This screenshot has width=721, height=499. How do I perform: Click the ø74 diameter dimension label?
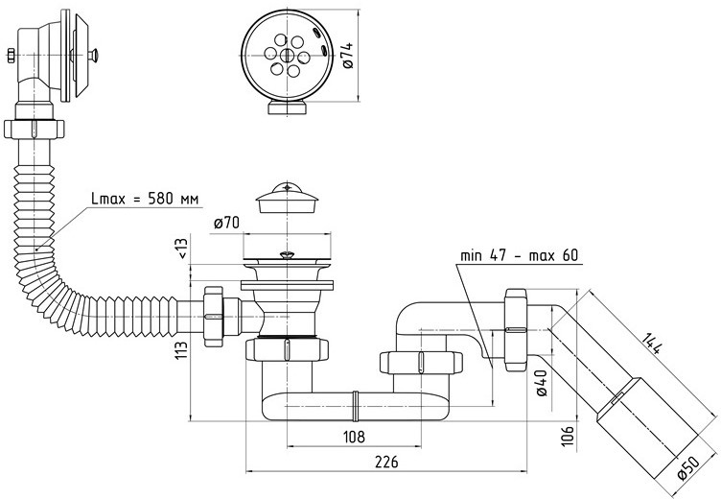[x=348, y=56]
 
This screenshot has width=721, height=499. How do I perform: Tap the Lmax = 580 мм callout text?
[x=146, y=199]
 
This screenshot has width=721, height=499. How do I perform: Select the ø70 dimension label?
[x=226, y=224]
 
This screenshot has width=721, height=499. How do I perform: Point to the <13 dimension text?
[x=182, y=249]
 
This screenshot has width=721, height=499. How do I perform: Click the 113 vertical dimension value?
[x=181, y=351]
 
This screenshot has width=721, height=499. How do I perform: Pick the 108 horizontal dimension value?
[x=354, y=437]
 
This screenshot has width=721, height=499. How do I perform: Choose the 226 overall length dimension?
[x=386, y=462]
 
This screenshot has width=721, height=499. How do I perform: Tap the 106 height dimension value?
[x=569, y=435]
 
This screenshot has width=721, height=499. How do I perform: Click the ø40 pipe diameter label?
[x=542, y=383]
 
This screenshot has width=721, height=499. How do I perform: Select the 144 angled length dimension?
[x=652, y=343]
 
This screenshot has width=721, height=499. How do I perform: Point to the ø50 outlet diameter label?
[x=689, y=468]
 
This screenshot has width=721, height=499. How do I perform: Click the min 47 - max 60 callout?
[x=519, y=255]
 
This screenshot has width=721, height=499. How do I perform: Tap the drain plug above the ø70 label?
[x=287, y=198]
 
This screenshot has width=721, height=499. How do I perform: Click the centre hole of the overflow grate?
[x=287, y=56]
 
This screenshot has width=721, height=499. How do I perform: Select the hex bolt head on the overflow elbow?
[x=12, y=56]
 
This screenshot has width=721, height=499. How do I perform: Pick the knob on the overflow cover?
[x=93, y=56]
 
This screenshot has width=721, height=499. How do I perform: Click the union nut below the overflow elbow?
[x=34, y=129]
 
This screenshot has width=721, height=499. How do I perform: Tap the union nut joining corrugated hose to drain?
[x=214, y=317]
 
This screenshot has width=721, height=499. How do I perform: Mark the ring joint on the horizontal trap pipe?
[x=355, y=406]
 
